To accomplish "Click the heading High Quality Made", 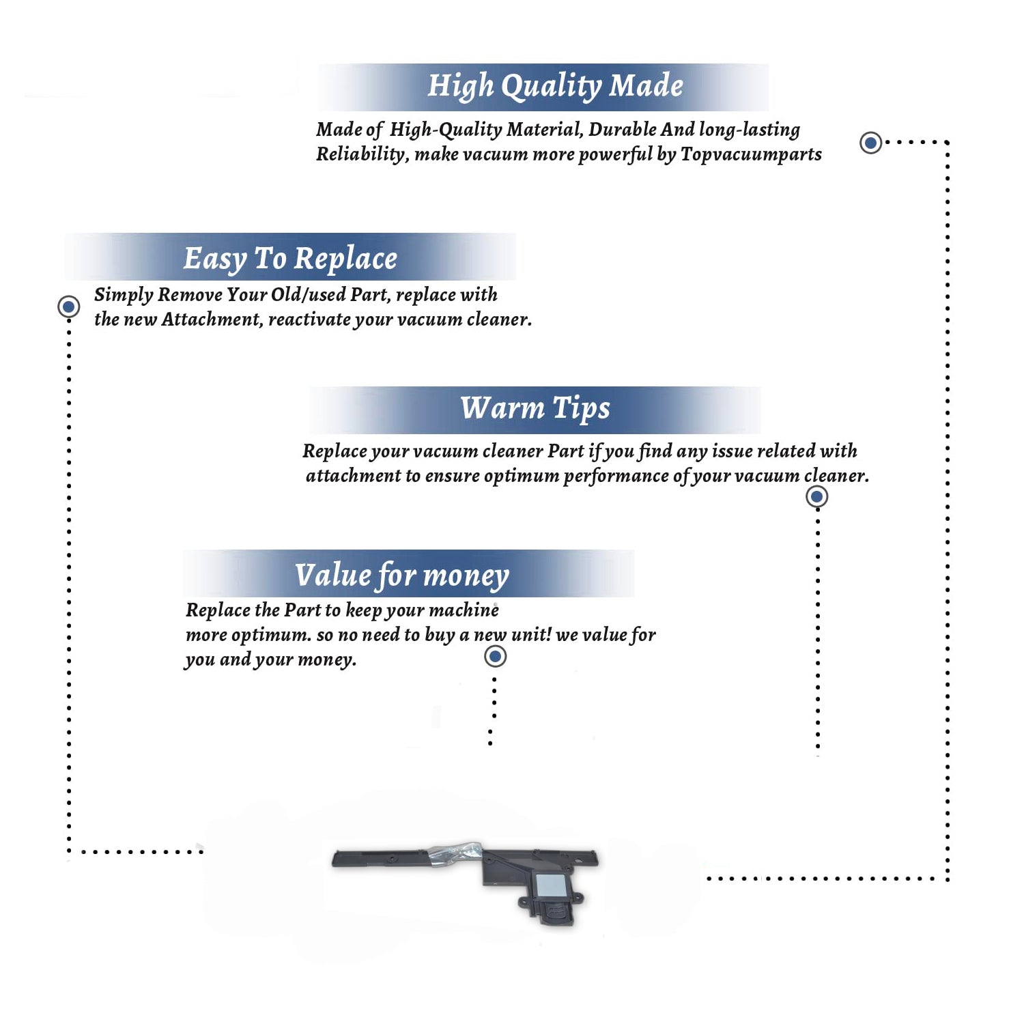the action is click(555, 87).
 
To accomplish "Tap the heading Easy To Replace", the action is click(290, 259).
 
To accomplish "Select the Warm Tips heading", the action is click(535, 408).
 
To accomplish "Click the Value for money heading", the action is click(402, 575).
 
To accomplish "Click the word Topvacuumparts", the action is click(751, 154).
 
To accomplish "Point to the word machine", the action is click(464, 610).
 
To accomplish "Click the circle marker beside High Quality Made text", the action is click(870, 143).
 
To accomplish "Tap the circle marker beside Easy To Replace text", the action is click(68, 307).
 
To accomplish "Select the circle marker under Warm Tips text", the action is click(817, 496).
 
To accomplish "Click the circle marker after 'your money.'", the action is click(495, 657).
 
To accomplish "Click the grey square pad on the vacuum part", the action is click(551, 885).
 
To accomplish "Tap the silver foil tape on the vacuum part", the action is click(455, 853).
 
